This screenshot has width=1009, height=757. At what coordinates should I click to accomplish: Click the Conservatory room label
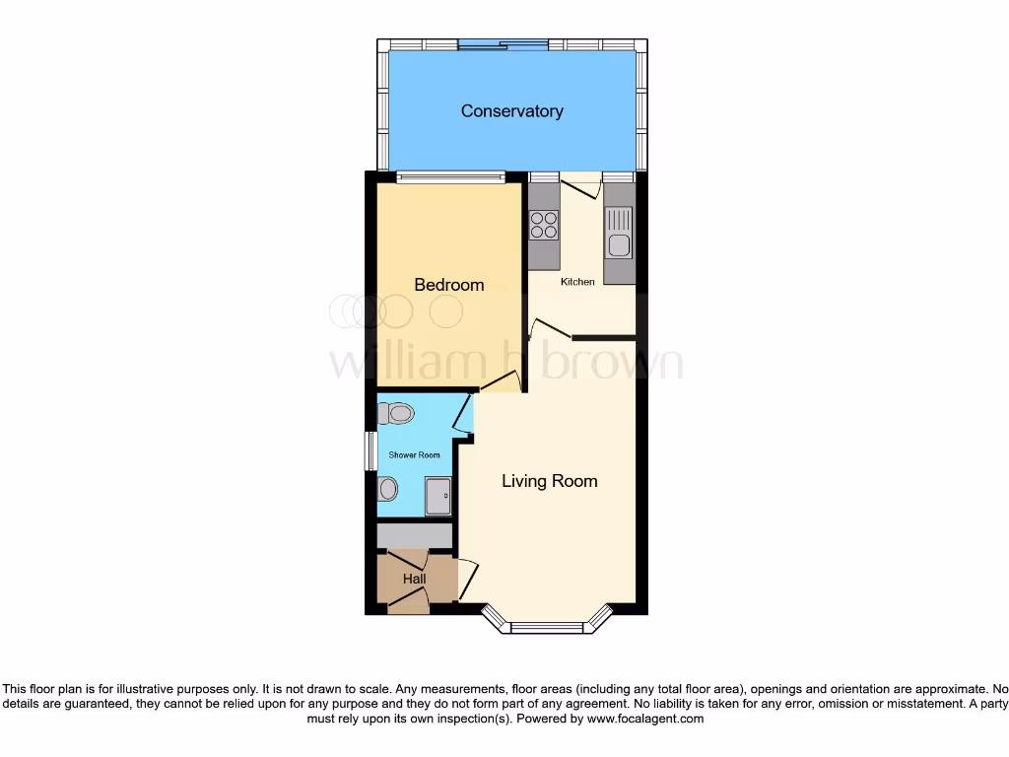(x=511, y=111)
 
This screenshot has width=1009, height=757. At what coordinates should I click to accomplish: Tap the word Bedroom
(x=448, y=285)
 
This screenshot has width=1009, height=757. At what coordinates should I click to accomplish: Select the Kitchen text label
(x=577, y=282)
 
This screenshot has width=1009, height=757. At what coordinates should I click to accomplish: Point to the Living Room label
(x=549, y=481)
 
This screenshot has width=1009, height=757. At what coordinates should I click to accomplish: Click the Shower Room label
(x=414, y=455)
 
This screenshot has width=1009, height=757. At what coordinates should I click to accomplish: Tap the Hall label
(x=414, y=580)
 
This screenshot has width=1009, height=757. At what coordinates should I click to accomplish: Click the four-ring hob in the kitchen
(x=544, y=226)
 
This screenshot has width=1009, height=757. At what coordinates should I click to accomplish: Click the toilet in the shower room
(x=397, y=413)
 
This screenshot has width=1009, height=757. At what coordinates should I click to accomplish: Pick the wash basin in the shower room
(x=387, y=488)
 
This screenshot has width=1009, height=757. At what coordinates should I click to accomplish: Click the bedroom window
(x=451, y=178)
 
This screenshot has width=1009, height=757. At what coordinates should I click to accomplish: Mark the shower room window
(x=370, y=451)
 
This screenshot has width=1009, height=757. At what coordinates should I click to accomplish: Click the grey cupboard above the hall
(x=415, y=535)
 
